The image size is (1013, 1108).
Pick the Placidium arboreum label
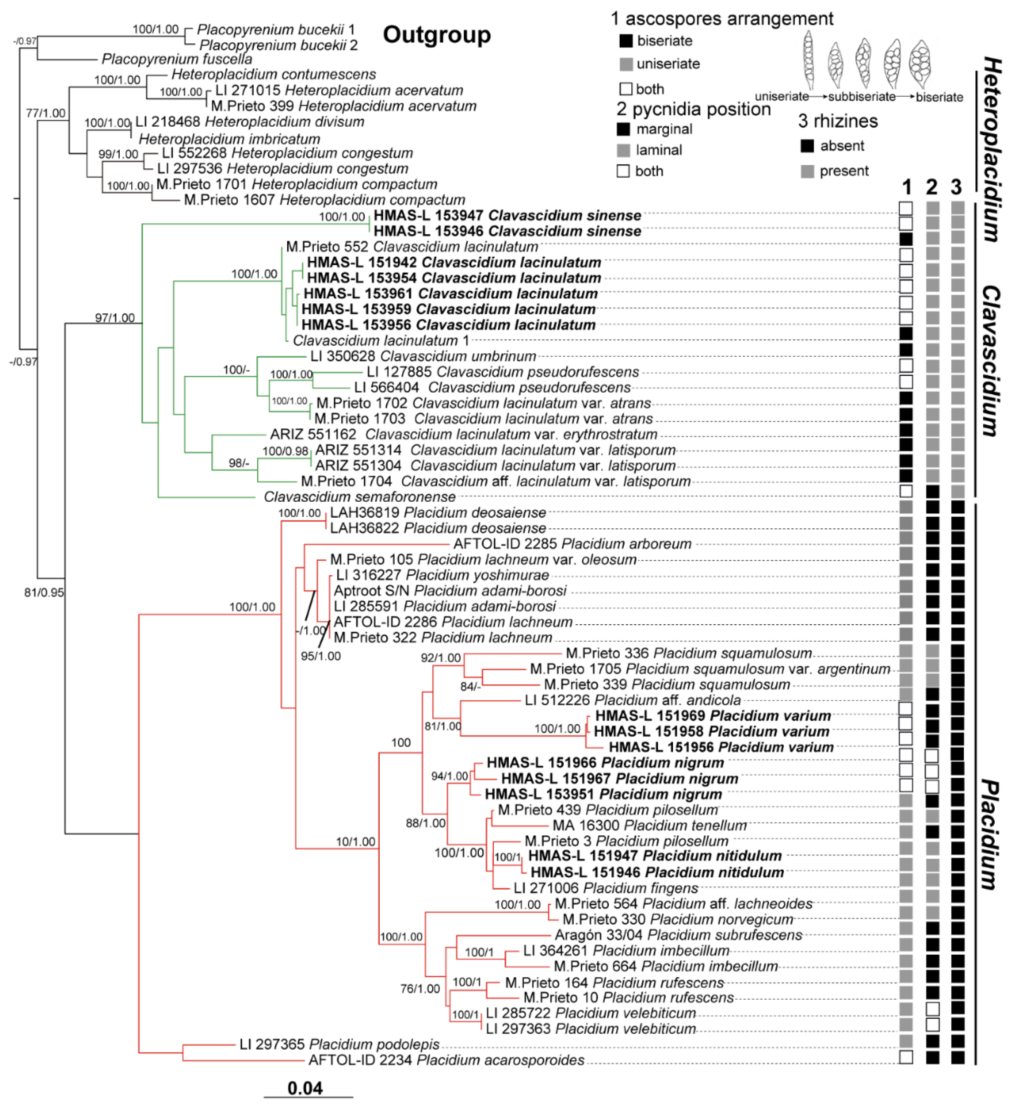[x=572, y=544]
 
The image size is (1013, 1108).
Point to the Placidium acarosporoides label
[x=446, y=1060]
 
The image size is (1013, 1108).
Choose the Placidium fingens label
[x=606, y=888]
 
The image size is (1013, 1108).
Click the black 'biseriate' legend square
[x=625, y=41]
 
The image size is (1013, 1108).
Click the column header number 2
[x=931, y=188]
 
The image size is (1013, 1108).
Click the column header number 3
[x=957, y=188]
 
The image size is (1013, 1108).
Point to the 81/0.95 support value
[x=44, y=592]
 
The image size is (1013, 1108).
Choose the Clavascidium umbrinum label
[x=423, y=356]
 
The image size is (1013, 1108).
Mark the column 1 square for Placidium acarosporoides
[x=906, y=1057]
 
